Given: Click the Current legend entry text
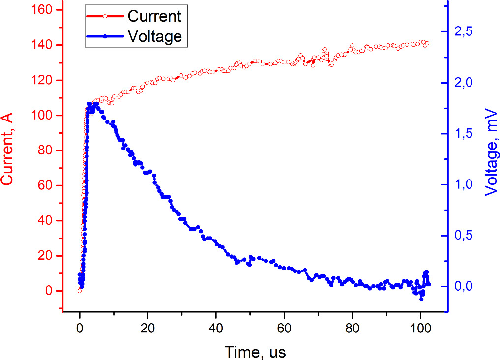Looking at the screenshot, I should [154, 16].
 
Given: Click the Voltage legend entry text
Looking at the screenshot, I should [154, 36].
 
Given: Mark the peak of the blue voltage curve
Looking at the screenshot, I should [96, 104].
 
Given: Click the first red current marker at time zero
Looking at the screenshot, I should [79, 291].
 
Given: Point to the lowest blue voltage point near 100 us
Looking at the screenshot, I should [421, 299].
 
